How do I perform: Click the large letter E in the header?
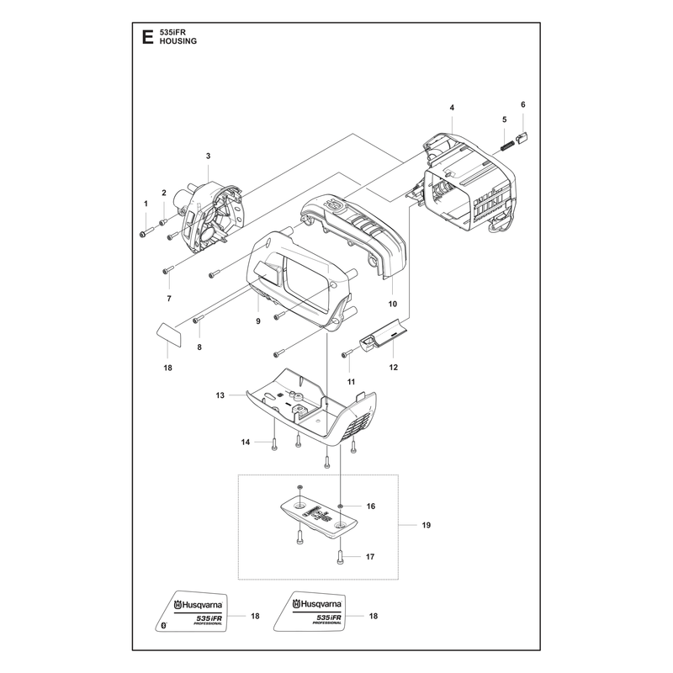point(147,37)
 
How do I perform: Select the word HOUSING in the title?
point(178,41)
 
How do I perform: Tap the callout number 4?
point(452,108)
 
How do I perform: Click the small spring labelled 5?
point(507,146)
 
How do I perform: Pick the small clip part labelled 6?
point(522,138)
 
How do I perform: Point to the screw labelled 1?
point(146,233)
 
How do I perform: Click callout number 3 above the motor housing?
point(208,156)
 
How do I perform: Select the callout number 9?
point(258,321)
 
